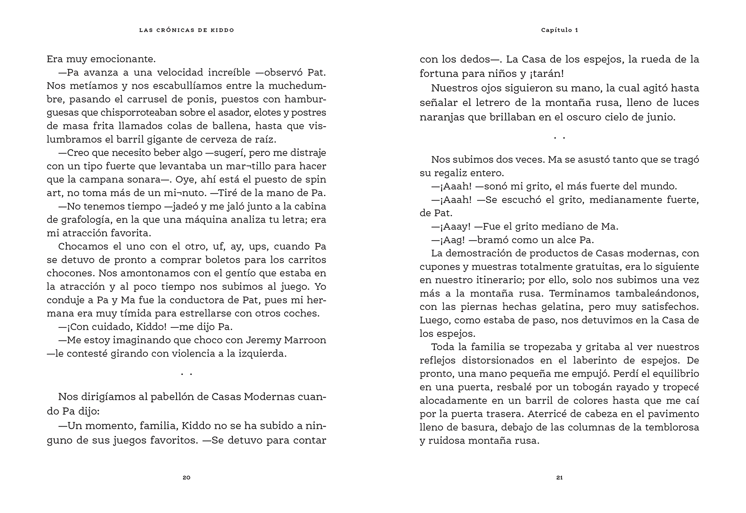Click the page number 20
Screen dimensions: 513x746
[186, 478]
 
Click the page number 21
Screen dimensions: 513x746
[559, 478]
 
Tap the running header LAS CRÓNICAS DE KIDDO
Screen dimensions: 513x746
[186, 30]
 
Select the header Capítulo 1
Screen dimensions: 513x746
[559, 30]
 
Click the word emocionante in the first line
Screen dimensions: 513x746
[128, 59]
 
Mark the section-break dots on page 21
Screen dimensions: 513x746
[559, 138]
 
